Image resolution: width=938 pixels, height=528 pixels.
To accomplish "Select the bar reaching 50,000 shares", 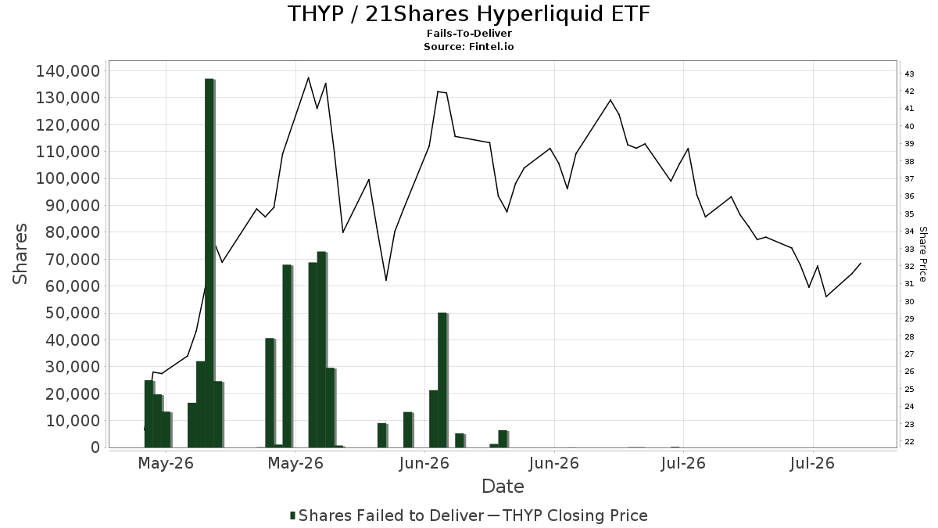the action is coord(442,380).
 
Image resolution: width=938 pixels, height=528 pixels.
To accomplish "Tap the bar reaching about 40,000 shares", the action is coord(270,393).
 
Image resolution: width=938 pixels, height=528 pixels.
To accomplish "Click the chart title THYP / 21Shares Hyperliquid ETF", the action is coord(468,13).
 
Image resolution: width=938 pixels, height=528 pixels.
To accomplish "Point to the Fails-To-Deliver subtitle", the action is coord(469,34).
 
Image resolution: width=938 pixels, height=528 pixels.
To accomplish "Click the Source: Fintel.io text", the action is coord(468,46).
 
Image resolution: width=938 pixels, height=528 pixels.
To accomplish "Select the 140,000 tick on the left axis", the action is coord(68,71).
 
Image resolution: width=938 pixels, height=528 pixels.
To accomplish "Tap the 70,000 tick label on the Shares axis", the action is coord(73,260).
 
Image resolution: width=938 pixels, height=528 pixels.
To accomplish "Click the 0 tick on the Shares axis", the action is coord(96,447).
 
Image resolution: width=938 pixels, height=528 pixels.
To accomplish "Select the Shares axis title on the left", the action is coord(20,254).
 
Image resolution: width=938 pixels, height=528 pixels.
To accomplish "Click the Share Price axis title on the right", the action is coord(922,254).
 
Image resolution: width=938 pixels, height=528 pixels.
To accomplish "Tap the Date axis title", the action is coord(503,487).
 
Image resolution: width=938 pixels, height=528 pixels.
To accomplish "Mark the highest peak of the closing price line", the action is coord(309,77).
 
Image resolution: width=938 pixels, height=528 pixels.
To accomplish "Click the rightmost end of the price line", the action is coord(861,263).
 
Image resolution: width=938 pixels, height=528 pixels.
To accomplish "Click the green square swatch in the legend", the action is coord(292,515).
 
